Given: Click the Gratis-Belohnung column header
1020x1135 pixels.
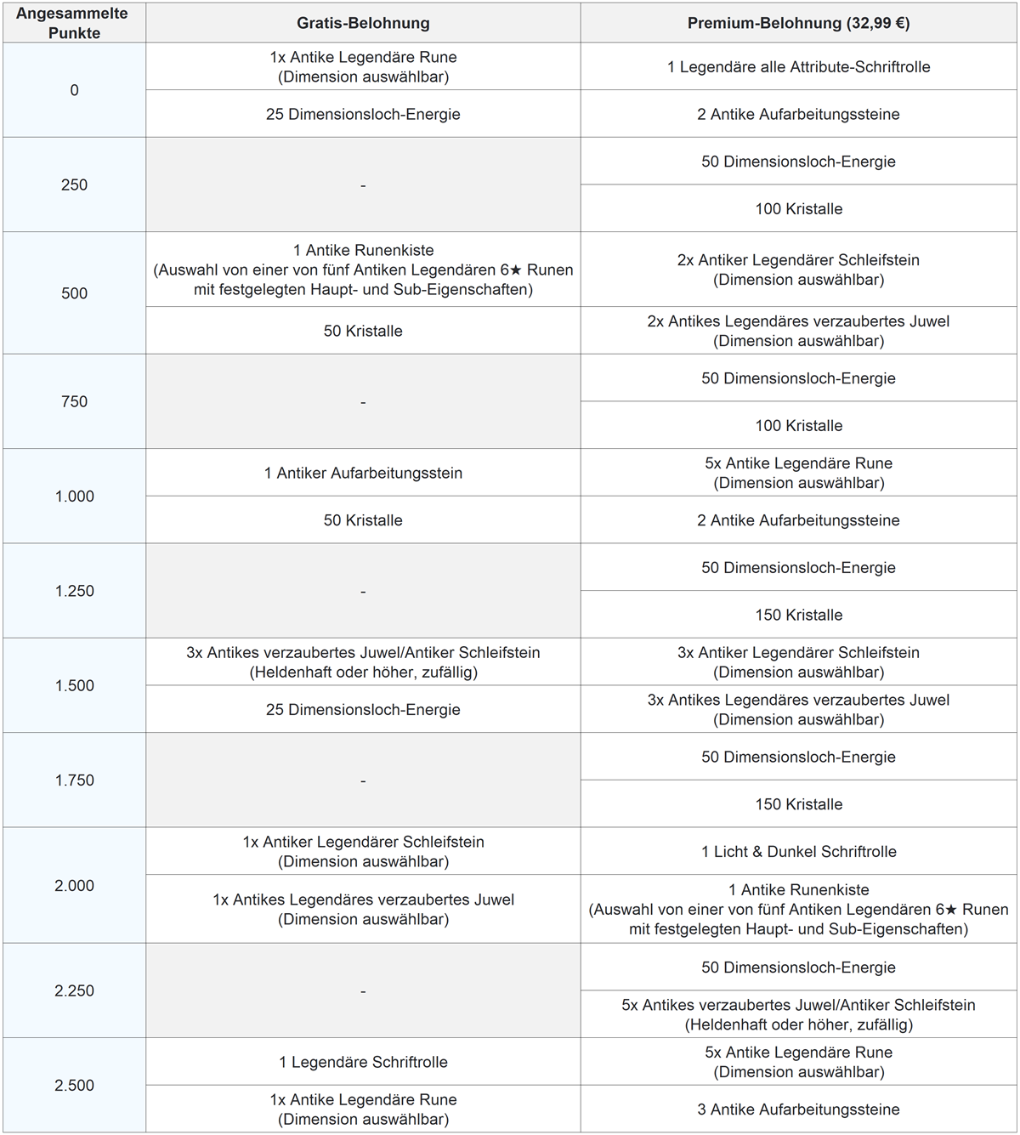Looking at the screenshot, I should [x=363, y=23].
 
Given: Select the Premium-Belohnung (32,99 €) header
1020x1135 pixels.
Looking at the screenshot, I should [x=798, y=23].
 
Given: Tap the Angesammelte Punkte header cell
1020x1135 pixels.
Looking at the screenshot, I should [x=74, y=23].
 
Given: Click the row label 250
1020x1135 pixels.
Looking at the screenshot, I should [x=74, y=184].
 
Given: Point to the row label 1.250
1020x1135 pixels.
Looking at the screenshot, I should [x=74, y=591].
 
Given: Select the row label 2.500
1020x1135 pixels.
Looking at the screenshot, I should [x=74, y=1085].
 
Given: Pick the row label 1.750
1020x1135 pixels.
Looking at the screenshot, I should [x=74, y=780].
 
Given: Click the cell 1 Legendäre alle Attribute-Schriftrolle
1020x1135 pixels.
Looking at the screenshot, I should [x=798, y=66].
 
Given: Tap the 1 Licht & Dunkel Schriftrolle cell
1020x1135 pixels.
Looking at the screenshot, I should [x=798, y=851].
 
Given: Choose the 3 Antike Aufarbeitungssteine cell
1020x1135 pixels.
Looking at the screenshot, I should [x=798, y=1109].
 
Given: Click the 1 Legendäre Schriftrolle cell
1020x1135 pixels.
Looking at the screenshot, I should [x=363, y=1062].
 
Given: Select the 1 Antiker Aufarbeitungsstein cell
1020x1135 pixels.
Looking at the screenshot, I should [x=363, y=473].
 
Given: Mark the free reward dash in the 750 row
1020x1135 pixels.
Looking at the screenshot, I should [x=363, y=401].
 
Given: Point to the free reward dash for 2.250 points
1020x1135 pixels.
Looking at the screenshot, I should [x=363, y=990].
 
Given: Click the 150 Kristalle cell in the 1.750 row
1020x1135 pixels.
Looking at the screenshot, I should [x=798, y=804].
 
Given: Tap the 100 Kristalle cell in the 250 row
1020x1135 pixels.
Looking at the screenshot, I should [x=798, y=208].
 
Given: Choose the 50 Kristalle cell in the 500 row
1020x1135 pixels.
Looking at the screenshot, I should [x=363, y=331].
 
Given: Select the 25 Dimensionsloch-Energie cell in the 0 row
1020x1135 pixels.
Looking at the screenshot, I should [x=363, y=114].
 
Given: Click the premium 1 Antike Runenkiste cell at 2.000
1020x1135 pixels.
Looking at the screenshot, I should [x=798, y=909].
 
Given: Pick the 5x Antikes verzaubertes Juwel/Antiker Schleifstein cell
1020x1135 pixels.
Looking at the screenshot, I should [x=798, y=1014].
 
